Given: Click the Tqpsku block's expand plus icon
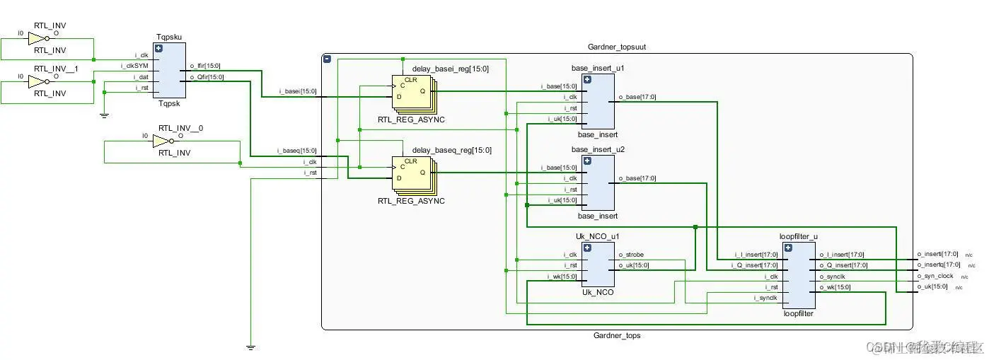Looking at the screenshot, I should [158, 49].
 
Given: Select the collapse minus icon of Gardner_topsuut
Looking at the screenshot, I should [327, 59].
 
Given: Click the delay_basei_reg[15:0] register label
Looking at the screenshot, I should [450, 69].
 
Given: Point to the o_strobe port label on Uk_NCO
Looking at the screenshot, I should [631, 255].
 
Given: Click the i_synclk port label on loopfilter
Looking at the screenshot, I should [765, 298].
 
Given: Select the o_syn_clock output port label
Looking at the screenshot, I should [935, 276].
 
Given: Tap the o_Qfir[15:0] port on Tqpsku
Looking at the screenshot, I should [207, 77].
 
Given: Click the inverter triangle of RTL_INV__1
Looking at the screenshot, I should [37, 82].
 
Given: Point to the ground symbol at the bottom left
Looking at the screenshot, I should [250, 347].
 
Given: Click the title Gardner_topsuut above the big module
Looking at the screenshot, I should [617, 47].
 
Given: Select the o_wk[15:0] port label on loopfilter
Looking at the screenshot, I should [835, 287].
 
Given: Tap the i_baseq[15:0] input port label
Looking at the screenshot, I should [297, 151].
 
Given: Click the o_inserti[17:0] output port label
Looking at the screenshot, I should [937, 254].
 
